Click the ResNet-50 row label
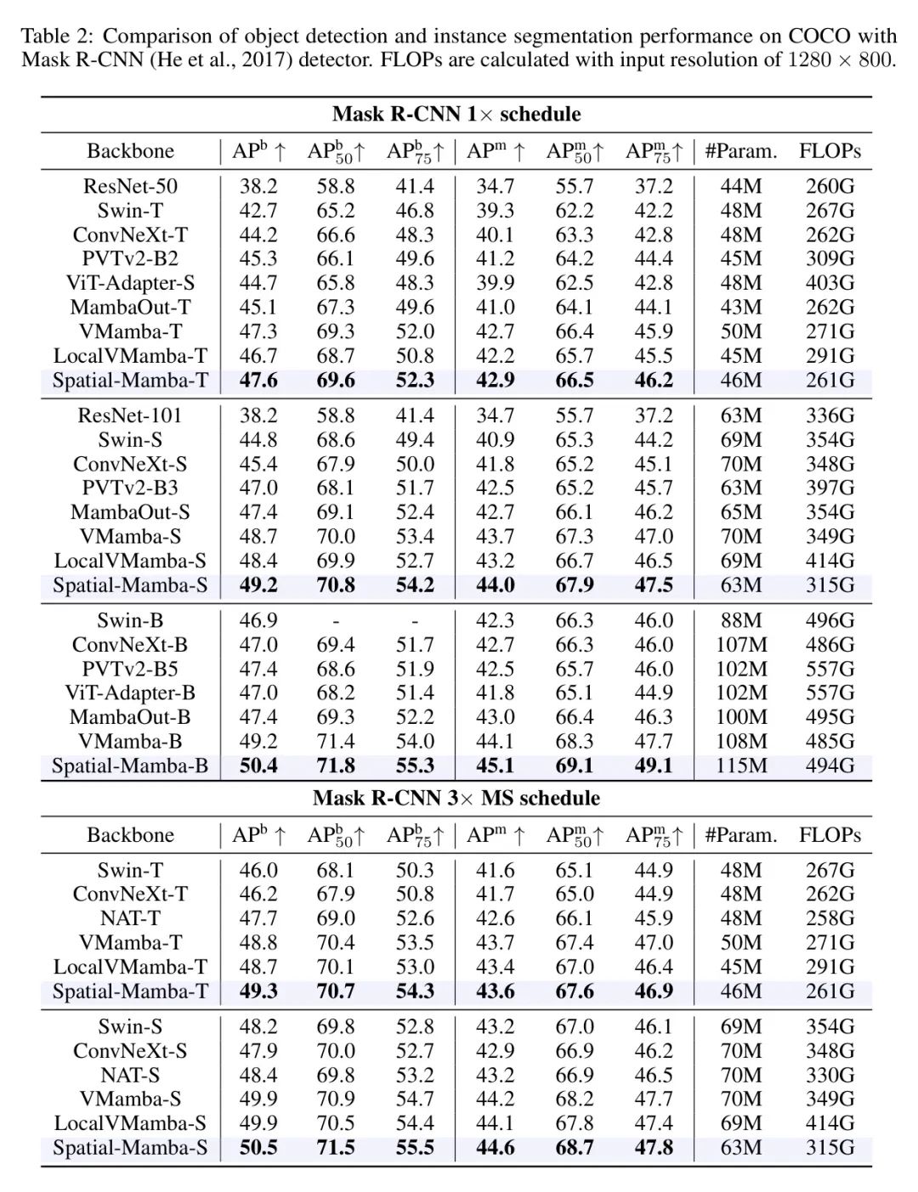(x=130, y=186)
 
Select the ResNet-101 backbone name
(x=130, y=415)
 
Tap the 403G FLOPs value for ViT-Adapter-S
(x=830, y=283)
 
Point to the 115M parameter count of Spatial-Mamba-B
(x=741, y=765)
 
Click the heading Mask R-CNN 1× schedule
(x=456, y=114)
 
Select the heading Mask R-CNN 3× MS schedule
(x=456, y=798)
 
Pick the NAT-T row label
(x=130, y=918)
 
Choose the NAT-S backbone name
(x=130, y=1075)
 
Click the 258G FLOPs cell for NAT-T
(x=830, y=918)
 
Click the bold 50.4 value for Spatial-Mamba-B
(x=258, y=765)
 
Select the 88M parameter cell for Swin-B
(x=741, y=620)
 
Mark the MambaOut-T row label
(x=130, y=307)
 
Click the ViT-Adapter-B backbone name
(x=130, y=692)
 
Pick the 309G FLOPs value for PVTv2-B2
(x=830, y=258)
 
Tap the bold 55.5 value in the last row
(x=415, y=1148)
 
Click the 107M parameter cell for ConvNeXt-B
(x=741, y=645)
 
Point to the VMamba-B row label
(x=130, y=741)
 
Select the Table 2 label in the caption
(x=58, y=36)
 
